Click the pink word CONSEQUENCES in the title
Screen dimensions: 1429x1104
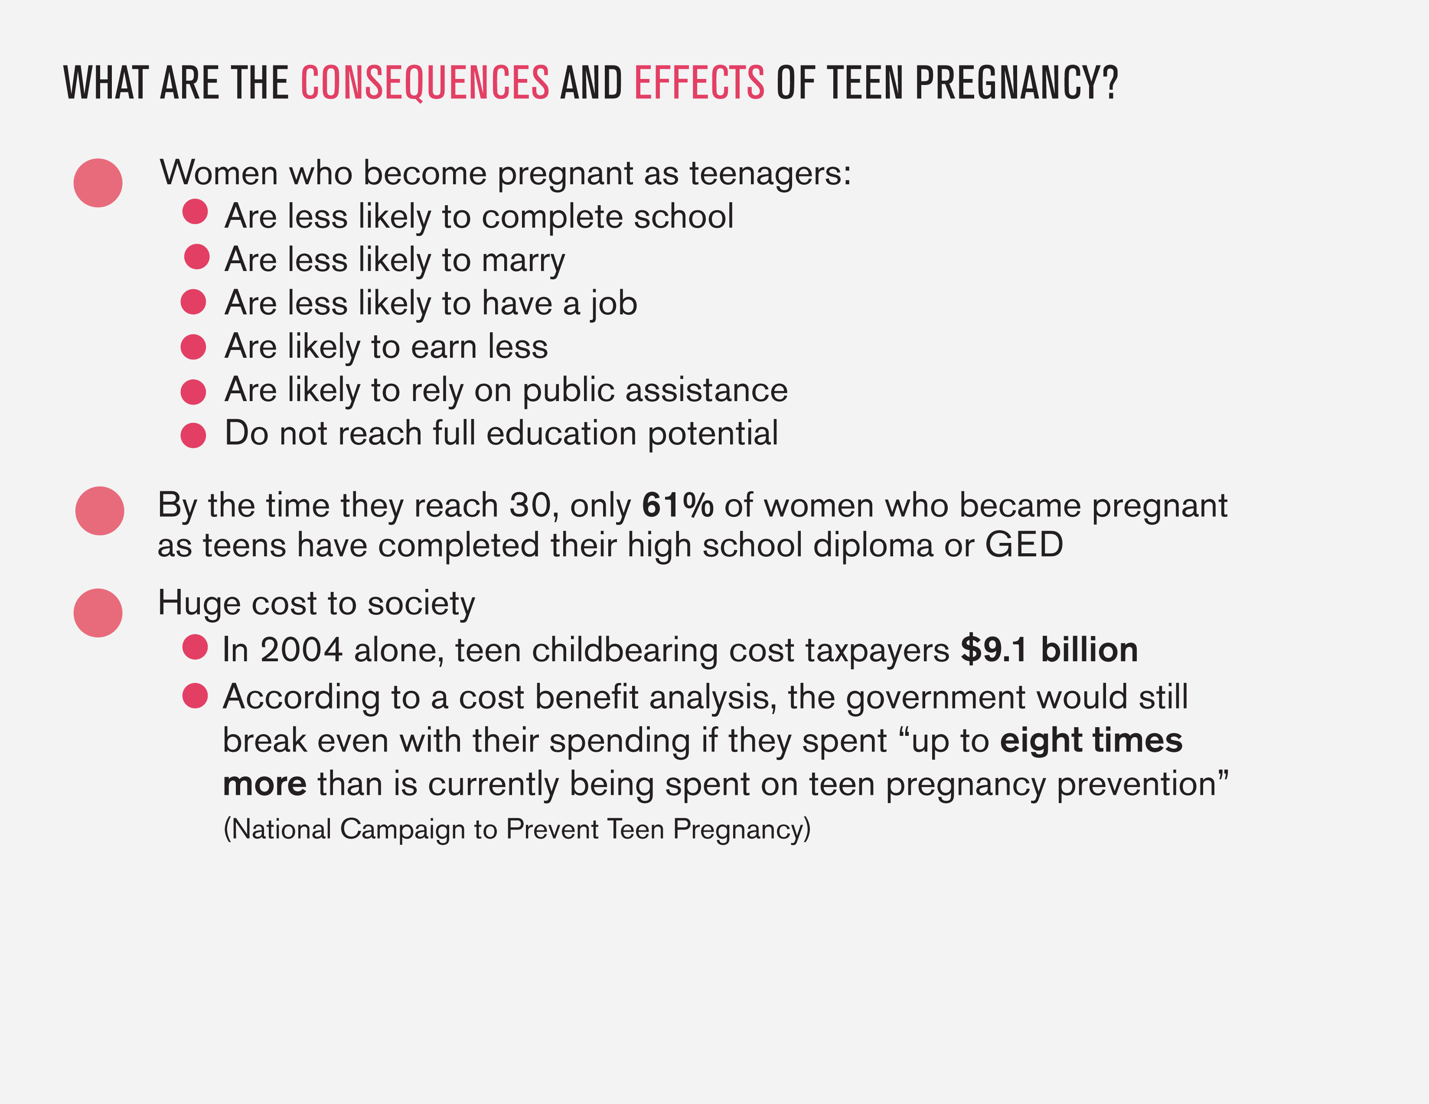point(424,83)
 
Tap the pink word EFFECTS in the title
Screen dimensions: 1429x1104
point(699,83)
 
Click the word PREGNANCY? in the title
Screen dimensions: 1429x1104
point(1017,83)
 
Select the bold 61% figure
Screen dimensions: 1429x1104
point(677,505)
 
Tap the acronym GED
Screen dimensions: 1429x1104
point(1024,545)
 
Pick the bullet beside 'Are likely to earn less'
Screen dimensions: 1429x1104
point(193,347)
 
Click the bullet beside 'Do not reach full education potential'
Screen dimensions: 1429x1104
point(193,435)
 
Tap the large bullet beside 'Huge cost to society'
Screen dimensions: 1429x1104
point(98,613)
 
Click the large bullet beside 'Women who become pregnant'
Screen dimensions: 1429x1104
point(98,183)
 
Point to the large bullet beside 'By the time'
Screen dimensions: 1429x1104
point(99,511)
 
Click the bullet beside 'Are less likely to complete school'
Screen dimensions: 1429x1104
point(195,211)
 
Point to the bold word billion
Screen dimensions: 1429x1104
point(1090,650)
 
